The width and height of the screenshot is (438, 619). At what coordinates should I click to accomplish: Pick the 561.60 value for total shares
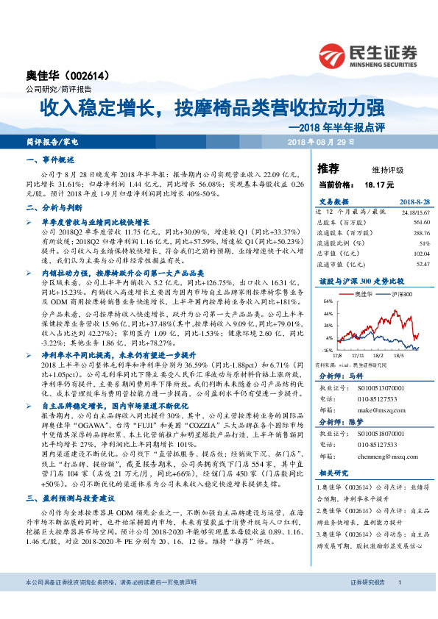point(400,221)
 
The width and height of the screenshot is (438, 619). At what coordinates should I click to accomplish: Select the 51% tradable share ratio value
point(403,243)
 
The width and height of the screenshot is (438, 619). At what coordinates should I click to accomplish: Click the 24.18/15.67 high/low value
point(395,211)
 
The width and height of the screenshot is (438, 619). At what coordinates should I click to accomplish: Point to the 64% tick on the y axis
point(328,301)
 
